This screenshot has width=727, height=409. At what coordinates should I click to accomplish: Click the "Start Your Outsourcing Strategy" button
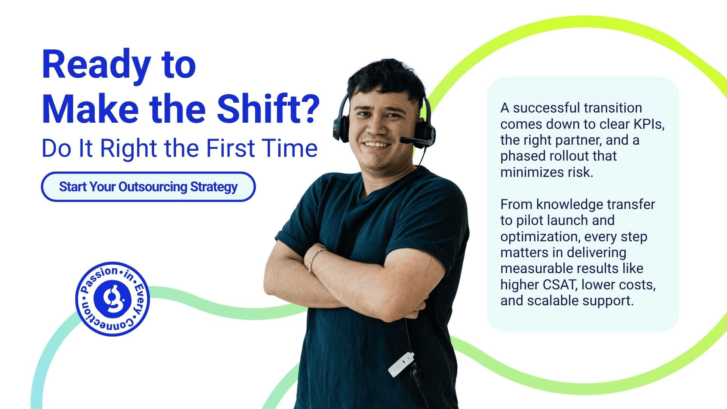148,187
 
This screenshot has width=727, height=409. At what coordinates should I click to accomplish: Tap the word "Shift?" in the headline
268,109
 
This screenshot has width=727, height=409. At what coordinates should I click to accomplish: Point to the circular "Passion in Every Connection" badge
112,299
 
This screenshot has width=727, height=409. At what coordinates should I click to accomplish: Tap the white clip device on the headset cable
401,364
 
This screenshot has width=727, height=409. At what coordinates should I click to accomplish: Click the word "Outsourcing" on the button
153,187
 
